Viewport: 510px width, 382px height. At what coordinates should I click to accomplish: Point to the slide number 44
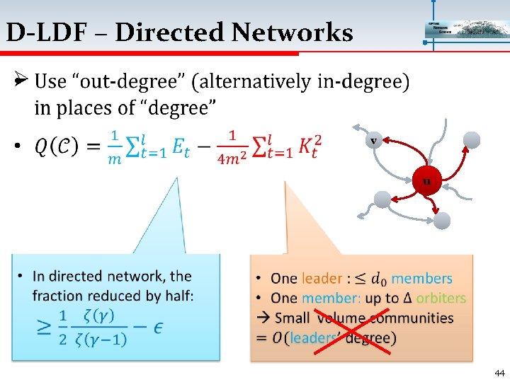(x=499, y=373)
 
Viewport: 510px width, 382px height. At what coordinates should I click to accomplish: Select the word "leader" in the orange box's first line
(x=321, y=279)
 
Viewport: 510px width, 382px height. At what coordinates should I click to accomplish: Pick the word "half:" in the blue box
(x=175, y=294)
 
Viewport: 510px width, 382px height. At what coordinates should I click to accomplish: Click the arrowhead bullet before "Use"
(x=21, y=81)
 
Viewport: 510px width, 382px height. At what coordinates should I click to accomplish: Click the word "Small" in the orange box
(x=293, y=318)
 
